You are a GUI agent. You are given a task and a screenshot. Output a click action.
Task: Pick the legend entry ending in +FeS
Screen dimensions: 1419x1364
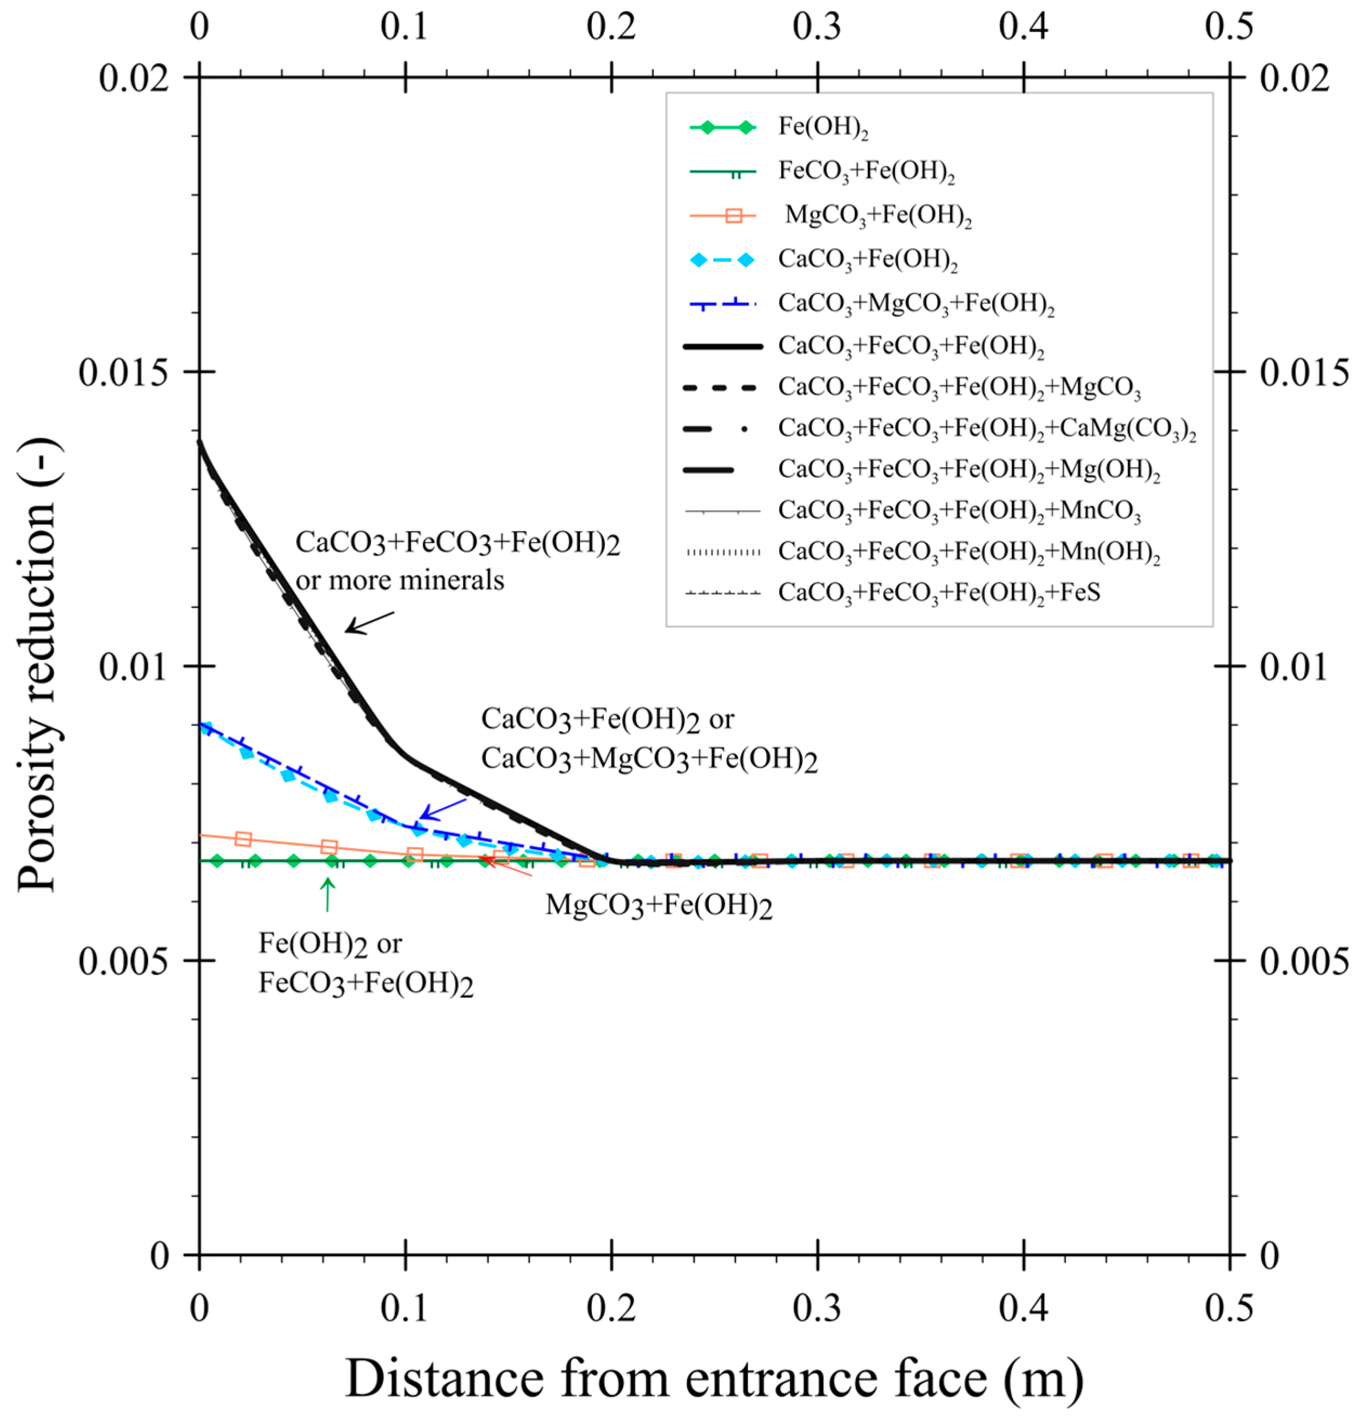[x=939, y=593]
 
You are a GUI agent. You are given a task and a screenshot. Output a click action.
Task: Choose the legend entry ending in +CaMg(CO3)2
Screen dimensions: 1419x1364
[x=986, y=429]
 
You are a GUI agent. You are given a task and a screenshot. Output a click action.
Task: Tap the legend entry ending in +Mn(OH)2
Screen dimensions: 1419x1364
[x=969, y=552]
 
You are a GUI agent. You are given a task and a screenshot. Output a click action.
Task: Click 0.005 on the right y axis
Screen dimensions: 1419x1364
[x=1303, y=961]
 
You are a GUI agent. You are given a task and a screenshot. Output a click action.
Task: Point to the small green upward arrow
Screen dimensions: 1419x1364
[x=328, y=894]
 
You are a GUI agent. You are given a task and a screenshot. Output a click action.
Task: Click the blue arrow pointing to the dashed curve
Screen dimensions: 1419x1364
[x=443, y=810]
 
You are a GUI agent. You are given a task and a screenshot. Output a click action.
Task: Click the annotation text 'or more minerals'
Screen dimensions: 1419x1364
[x=400, y=580]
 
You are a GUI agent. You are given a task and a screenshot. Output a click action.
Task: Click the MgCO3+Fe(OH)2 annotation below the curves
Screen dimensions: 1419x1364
[x=658, y=906]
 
